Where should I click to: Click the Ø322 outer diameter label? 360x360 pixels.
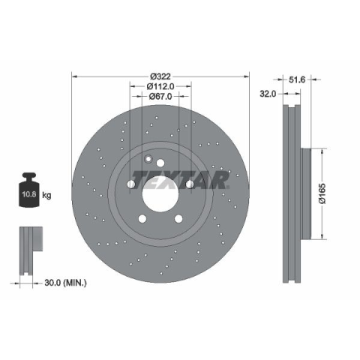pyautogui.click(x=160, y=76)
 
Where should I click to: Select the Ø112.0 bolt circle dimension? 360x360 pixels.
pyautogui.click(x=160, y=86)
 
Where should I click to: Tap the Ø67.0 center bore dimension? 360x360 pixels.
pyautogui.click(x=160, y=96)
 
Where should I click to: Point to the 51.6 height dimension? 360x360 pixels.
pyautogui.click(x=297, y=79)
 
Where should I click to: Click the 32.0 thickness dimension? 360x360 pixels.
pyautogui.click(x=268, y=94)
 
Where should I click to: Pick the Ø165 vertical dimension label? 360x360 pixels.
pyautogui.click(x=322, y=193)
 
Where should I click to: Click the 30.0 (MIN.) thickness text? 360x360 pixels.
pyautogui.click(x=65, y=283)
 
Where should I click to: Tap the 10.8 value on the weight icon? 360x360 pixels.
pyautogui.click(x=29, y=194)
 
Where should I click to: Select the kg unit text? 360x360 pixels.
pyautogui.click(x=46, y=195)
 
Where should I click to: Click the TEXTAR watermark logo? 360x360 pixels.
pyautogui.click(x=181, y=180)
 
